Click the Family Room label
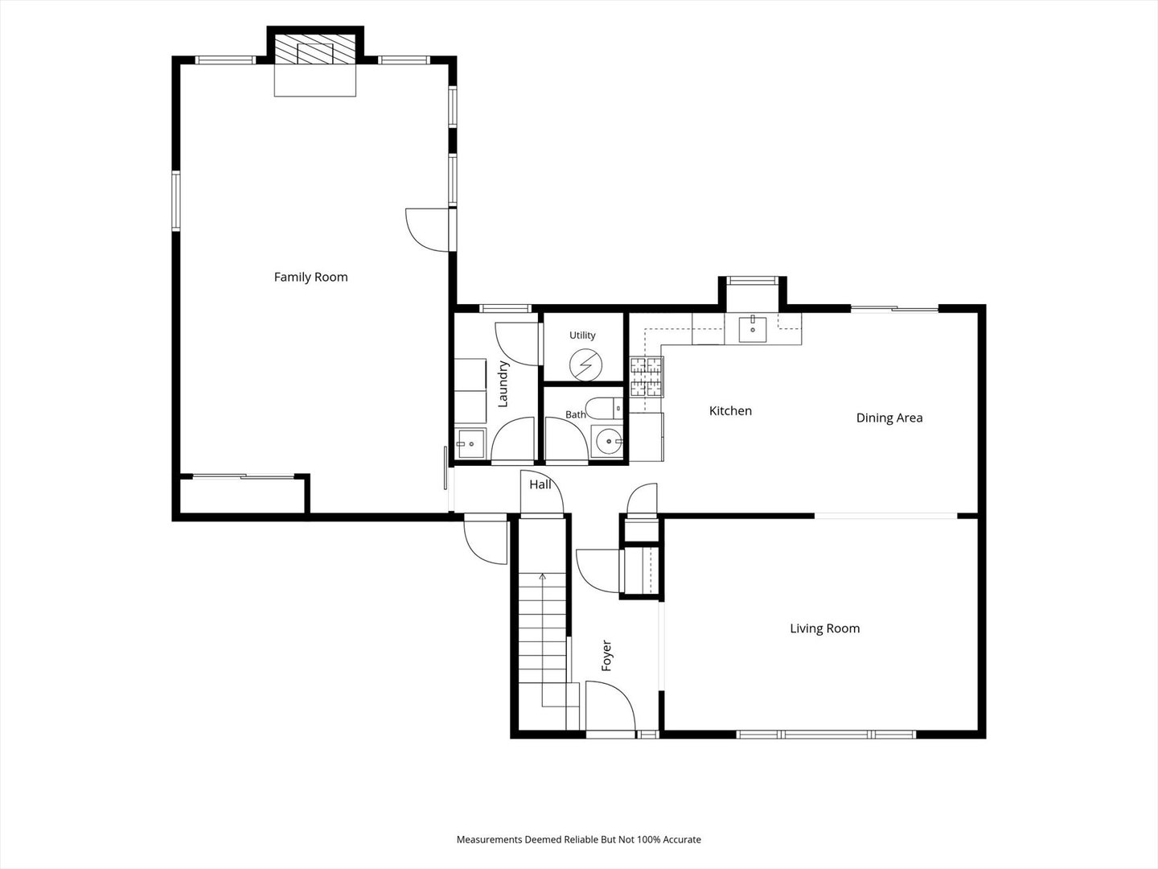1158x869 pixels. (x=310, y=277)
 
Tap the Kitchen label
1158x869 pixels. (x=730, y=410)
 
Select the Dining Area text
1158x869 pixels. (x=889, y=418)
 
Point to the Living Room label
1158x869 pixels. (x=824, y=628)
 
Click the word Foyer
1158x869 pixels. (x=606, y=655)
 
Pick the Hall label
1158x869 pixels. (x=540, y=484)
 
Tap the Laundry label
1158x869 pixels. (x=503, y=384)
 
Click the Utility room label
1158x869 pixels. (x=582, y=335)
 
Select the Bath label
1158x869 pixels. (x=576, y=414)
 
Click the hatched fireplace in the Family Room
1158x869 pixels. (x=315, y=50)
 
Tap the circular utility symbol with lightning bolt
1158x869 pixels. (x=585, y=364)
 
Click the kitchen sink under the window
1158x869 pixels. (x=753, y=328)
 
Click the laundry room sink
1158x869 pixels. (x=470, y=443)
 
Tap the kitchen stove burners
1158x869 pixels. (x=647, y=377)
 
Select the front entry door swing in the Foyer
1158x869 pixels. (x=610, y=706)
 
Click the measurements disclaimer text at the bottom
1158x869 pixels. (x=579, y=839)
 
